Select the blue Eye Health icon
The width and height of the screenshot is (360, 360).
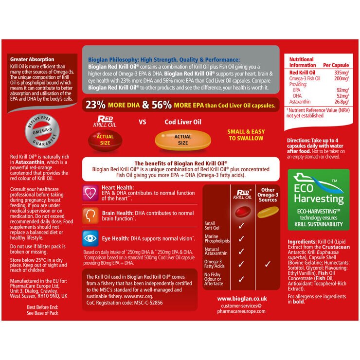(90, 237)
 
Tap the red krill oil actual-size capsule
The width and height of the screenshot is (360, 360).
(104, 140)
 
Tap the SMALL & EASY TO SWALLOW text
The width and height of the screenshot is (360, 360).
(246, 135)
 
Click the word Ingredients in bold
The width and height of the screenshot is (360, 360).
(302, 241)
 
